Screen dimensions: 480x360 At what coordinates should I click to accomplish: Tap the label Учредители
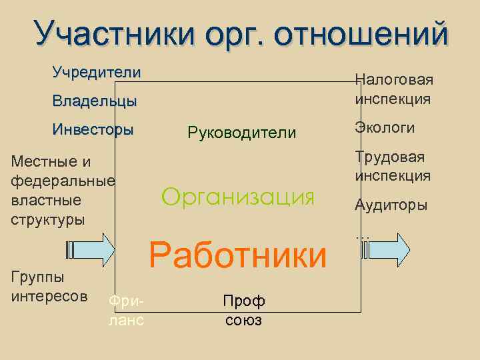(97, 72)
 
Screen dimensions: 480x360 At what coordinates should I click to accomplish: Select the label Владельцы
(95, 101)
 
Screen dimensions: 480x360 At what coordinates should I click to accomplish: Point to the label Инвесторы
(93, 129)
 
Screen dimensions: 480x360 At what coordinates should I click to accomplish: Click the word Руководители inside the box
(242, 133)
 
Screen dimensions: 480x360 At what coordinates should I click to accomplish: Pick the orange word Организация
(238, 197)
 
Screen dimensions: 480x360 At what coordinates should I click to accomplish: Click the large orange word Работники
(238, 255)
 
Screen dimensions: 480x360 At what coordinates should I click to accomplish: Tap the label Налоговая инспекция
(393, 89)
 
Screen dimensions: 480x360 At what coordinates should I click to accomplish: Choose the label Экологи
(385, 127)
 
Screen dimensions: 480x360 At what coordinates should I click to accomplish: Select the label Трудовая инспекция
(393, 167)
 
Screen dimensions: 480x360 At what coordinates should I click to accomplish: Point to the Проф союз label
(243, 311)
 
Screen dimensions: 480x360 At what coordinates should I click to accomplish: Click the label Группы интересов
(49, 286)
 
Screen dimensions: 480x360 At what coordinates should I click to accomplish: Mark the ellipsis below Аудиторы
(363, 234)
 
